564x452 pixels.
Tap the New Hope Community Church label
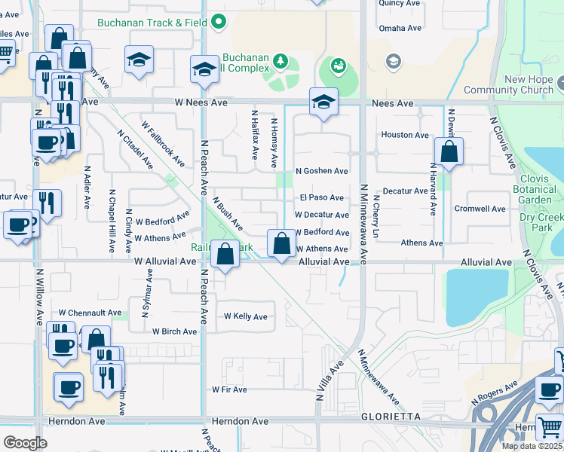point(518,85)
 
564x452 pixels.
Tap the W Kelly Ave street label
point(245,316)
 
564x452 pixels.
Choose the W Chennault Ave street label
point(90,313)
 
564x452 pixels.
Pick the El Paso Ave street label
point(321,197)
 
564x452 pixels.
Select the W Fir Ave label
point(229,389)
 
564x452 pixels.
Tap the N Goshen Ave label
point(321,171)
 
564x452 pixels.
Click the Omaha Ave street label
point(400,28)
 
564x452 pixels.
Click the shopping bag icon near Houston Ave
point(449,151)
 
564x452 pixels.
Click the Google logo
point(25,443)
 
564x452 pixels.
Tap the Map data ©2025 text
point(531,446)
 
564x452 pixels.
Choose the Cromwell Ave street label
point(480,209)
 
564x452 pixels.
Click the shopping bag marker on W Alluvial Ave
point(225,254)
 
